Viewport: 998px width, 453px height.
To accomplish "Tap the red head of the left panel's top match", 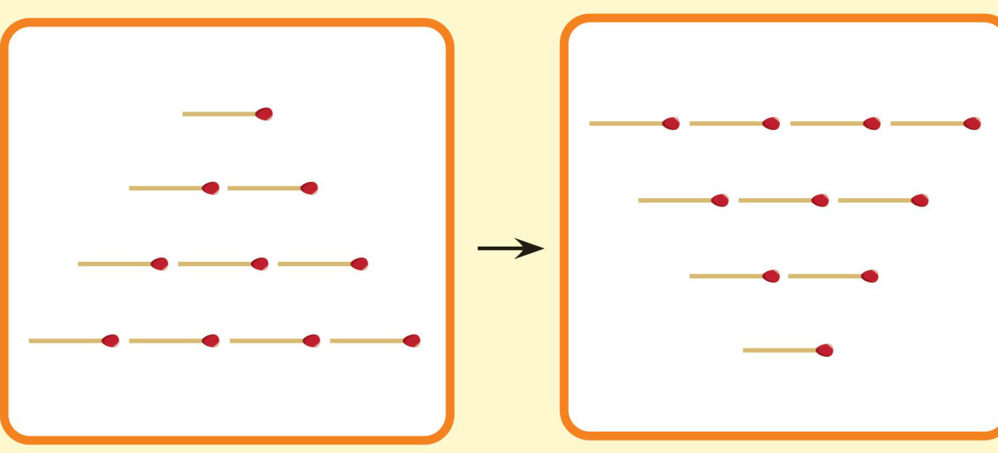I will [264, 114].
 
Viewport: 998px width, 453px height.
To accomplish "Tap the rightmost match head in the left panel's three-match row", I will [359, 264].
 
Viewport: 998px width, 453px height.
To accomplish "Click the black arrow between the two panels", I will [511, 248].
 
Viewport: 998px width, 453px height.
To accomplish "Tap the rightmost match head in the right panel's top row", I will [972, 124].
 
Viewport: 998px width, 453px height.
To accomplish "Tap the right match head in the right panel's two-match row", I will [870, 277].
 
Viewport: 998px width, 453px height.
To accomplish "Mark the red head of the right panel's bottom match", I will [825, 350].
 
